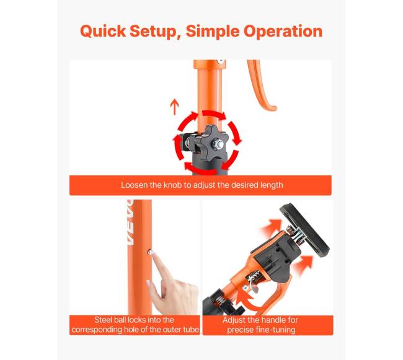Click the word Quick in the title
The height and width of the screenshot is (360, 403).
coord(103,31)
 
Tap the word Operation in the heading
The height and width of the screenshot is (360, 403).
coord(283,32)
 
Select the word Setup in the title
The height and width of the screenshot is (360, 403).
coord(155,32)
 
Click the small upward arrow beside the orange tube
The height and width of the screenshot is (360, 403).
coord(174,107)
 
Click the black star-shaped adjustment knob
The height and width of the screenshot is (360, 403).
coord(211,143)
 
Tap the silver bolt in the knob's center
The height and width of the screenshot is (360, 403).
coord(218,144)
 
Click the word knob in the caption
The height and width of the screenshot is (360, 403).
coord(173,185)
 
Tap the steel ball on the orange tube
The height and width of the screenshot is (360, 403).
coord(151,252)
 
